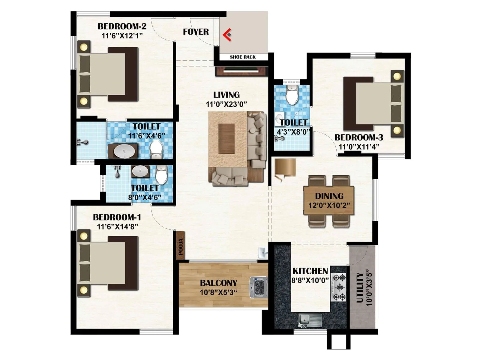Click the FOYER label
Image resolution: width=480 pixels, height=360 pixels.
[x=196, y=32]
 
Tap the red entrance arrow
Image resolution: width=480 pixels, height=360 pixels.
[x=227, y=34]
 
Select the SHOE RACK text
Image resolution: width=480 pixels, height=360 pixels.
[x=243, y=57]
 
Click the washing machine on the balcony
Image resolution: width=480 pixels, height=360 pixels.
[x=258, y=287]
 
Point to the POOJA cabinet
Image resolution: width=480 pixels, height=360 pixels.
[x=180, y=246]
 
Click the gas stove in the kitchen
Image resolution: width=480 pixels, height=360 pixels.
[x=339, y=287]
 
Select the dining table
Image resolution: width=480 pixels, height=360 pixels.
[x=329, y=200]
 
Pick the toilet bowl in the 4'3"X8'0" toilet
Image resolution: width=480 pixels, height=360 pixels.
[x=292, y=96]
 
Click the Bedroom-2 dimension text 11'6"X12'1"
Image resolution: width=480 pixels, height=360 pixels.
[x=122, y=36]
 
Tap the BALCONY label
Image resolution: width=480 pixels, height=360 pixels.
[x=218, y=283]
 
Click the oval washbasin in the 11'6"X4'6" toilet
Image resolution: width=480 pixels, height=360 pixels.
[x=123, y=151]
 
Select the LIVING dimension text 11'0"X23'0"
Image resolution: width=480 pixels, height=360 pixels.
[x=226, y=104]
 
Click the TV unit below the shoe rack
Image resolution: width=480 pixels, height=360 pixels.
[x=241, y=71]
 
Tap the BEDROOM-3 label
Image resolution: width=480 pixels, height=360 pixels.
[x=359, y=137]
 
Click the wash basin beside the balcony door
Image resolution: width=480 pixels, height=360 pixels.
[x=263, y=253]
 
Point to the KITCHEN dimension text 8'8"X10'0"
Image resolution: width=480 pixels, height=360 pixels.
[x=310, y=280]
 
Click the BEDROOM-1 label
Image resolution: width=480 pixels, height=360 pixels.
[x=117, y=217]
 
